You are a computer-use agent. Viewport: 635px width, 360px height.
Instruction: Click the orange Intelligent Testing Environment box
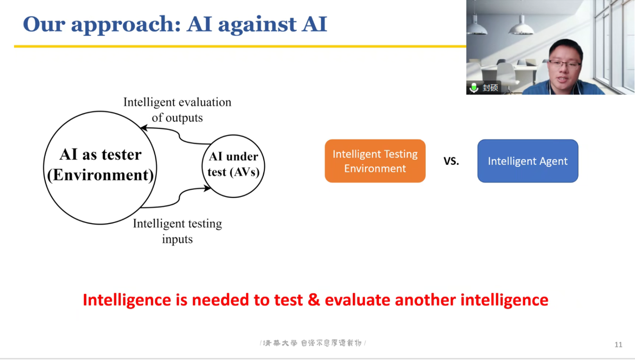pyautogui.click(x=375, y=161)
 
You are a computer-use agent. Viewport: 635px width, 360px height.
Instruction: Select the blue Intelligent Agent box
pyautogui.click(x=527, y=161)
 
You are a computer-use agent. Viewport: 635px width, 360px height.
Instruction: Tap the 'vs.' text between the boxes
pyautogui.click(x=451, y=161)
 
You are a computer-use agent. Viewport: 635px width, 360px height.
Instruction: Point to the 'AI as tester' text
pyautogui.click(x=100, y=154)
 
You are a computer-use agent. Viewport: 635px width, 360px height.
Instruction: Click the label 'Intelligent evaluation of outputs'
pyautogui.click(x=177, y=110)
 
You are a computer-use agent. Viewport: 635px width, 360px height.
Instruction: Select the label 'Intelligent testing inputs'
pyautogui.click(x=177, y=231)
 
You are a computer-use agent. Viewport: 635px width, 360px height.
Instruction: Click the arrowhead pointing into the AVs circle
pyautogui.click(x=207, y=188)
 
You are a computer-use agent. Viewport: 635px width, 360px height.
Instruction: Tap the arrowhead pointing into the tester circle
pyautogui.click(x=144, y=128)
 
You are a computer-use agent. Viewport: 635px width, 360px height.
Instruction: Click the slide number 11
pyautogui.click(x=618, y=345)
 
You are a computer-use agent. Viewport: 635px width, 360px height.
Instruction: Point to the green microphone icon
pyautogui.click(x=474, y=87)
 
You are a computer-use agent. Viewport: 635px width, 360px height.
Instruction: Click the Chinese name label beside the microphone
pyautogui.click(x=490, y=87)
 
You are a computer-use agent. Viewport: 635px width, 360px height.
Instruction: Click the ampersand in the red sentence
pyautogui.click(x=313, y=300)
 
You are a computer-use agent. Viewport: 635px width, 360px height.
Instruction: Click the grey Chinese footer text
pyautogui.click(x=312, y=343)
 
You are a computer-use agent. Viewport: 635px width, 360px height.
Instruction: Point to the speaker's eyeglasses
pyautogui.click(x=564, y=65)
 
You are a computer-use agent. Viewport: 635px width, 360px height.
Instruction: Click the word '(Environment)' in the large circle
pyautogui.click(x=100, y=175)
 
